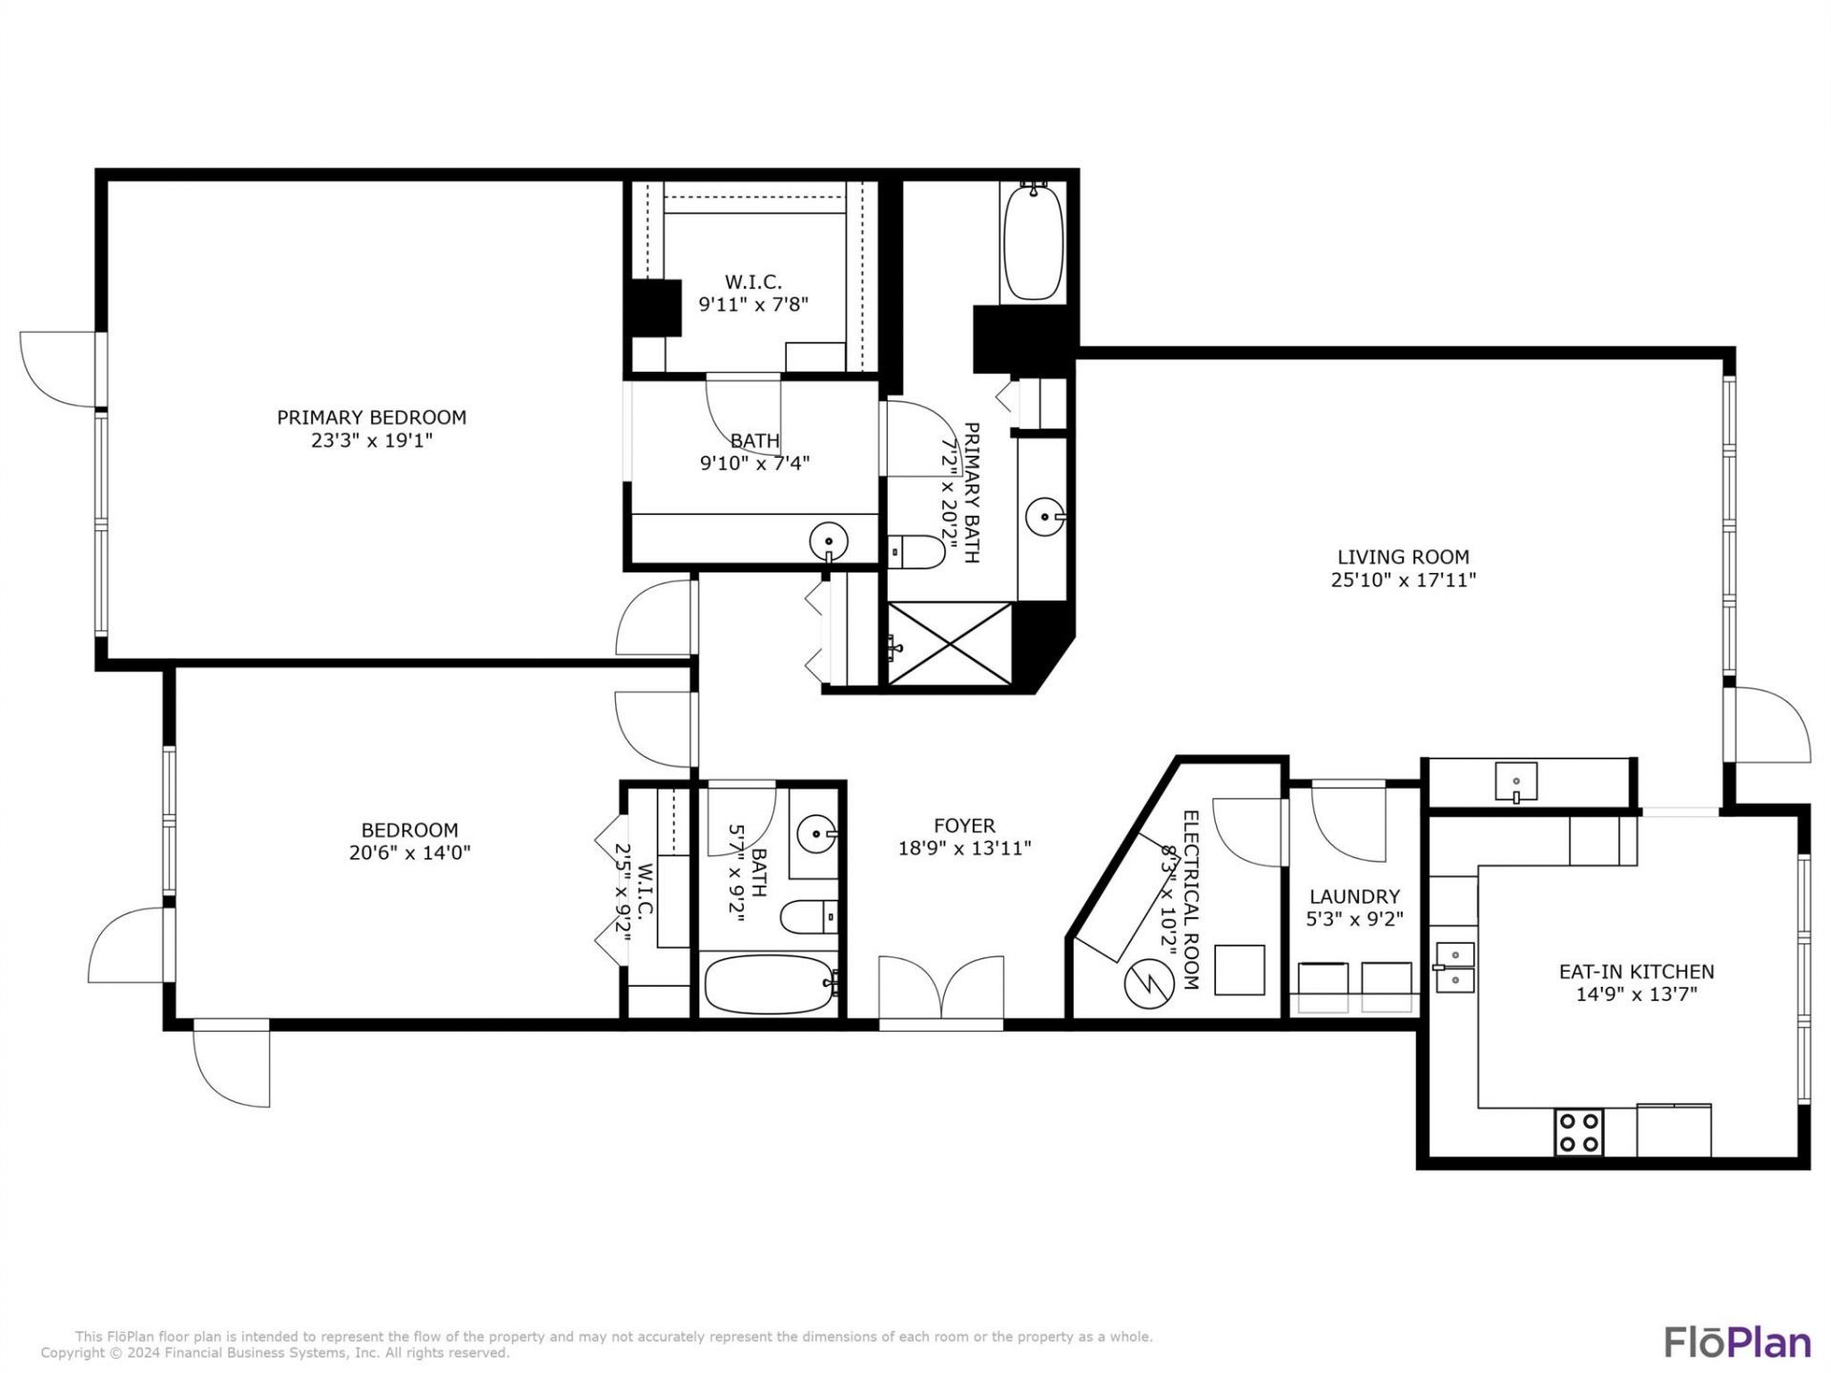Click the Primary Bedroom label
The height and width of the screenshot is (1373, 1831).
point(371,418)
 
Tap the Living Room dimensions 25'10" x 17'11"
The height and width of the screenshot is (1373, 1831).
point(1403,580)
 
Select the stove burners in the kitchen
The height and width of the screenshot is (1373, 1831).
point(1578,1132)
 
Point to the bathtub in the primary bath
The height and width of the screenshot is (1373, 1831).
point(1033,242)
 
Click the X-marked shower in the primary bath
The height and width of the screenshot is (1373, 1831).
point(950,644)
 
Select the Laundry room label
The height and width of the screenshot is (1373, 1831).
point(1354,896)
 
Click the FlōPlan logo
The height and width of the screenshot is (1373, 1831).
point(1738,1342)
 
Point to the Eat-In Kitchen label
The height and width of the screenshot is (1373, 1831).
point(1636,972)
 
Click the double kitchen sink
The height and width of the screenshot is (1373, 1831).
point(1454,967)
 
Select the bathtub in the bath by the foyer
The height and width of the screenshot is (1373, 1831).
point(770,984)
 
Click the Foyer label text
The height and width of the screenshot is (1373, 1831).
point(964,826)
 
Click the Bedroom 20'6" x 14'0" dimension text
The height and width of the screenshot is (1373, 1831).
point(409,852)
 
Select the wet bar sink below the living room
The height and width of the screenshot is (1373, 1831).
point(1515,782)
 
